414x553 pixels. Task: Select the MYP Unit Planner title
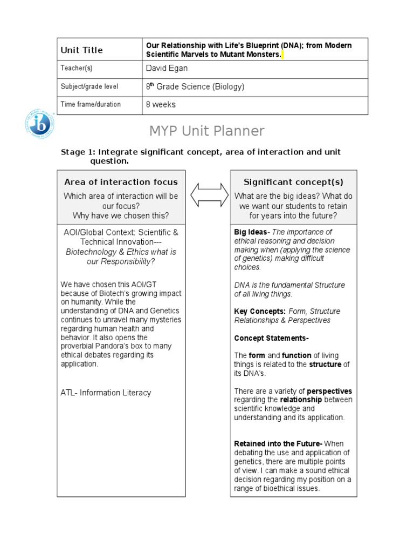[207, 131]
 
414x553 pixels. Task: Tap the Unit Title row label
[81, 50]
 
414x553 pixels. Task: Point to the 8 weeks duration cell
[161, 104]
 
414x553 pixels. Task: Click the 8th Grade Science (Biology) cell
[195, 86]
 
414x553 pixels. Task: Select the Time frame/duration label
[91, 104]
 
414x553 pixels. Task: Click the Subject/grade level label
[89, 86]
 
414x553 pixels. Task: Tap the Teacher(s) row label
[77, 69]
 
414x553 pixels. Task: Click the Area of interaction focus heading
[121, 182]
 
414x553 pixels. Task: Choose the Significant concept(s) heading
[293, 182]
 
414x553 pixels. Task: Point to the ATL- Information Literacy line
[106, 393]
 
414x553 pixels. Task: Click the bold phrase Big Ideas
[250, 232]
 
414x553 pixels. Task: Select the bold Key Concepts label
[260, 311]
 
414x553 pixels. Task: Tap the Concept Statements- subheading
[271, 338]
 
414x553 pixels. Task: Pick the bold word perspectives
[329, 391]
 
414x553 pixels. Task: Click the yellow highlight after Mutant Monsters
[282, 55]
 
